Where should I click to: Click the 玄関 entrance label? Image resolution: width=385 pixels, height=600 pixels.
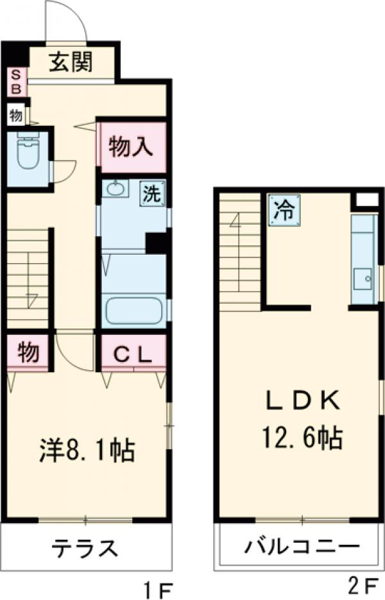tap(71, 63)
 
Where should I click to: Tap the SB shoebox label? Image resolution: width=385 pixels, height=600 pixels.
tap(16, 81)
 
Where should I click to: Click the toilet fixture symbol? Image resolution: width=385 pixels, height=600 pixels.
tap(28, 152)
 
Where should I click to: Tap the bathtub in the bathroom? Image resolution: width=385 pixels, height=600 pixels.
tap(134, 311)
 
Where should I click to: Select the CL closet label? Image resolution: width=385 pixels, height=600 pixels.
tap(133, 354)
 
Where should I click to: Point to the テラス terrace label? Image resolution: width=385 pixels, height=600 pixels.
tap(85, 549)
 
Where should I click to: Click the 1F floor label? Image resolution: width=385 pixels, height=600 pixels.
tap(158, 587)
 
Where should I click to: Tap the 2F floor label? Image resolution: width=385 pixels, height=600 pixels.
tap(364, 587)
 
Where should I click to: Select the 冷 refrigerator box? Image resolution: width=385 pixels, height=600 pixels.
tap(284, 209)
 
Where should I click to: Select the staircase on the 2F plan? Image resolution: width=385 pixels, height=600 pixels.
tap(239, 250)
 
